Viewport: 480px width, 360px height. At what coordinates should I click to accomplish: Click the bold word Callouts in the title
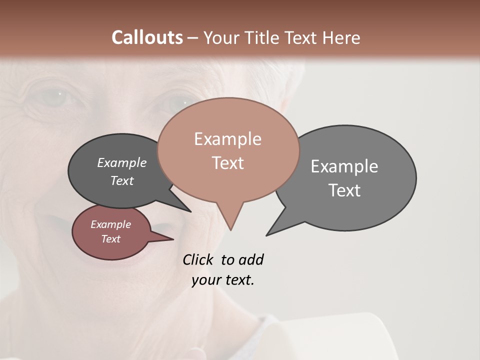[x=147, y=37]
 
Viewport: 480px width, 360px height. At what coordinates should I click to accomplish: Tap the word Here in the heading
[x=342, y=37]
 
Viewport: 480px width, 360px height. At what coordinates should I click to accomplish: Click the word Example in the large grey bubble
[x=344, y=166]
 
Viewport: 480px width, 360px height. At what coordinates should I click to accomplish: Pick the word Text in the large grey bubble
[x=344, y=190]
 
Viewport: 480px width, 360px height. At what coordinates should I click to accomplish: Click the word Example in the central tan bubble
[x=227, y=139]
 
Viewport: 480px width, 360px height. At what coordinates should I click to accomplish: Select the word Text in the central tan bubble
[x=227, y=163]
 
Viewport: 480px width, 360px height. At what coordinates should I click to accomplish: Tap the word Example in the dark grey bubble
[x=122, y=163]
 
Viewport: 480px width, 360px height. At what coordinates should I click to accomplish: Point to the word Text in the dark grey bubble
[x=122, y=180]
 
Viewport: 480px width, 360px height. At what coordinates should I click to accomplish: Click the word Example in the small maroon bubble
[x=110, y=224]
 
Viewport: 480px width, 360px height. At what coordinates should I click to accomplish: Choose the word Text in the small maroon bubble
[x=110, y=239]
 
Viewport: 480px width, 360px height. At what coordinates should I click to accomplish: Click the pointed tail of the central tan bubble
[x=230, y=220]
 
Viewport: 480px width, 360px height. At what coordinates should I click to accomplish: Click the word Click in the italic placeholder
[x=198, y=259]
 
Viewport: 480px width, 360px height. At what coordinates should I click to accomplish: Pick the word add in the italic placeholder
[x=251, y=259]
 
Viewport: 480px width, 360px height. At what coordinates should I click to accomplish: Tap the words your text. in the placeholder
[x=223, y=280]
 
